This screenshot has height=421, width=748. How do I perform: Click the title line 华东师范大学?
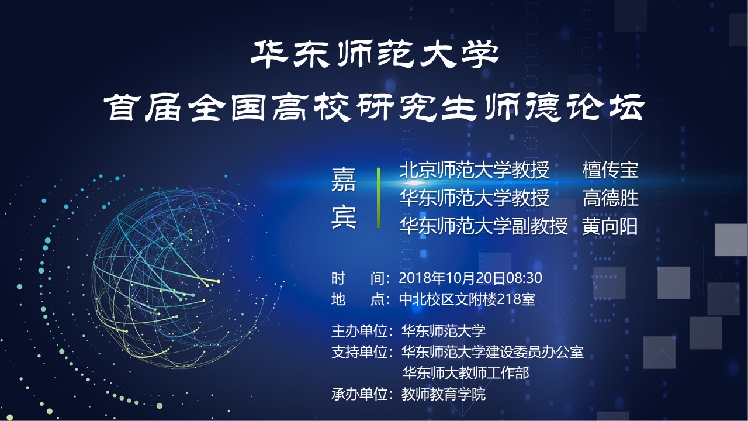coord(375,54)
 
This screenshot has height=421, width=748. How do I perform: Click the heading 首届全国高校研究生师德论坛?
coord(374,107)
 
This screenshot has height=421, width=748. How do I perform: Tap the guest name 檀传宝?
coord(611,170)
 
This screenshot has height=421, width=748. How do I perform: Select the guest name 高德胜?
coord(611,198)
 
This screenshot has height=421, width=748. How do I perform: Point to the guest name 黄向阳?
coord(610,226)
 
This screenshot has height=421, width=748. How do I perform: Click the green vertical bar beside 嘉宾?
coord(379,198)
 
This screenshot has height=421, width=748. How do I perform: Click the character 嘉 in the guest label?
coord(344,180)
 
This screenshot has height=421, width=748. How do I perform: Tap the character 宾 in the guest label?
coord(344,217)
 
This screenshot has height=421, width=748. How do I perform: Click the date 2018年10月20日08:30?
coord(470,278)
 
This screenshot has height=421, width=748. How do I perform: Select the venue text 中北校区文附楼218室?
coord(467,299)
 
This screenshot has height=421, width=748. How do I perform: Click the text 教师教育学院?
coord(444,394)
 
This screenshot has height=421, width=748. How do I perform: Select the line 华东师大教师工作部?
coord(466,373)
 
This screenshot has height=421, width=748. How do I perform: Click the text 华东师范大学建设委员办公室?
coord(493,352)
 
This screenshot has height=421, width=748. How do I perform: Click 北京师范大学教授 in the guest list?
coord(475,170)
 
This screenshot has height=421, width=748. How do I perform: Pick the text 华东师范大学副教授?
coord(484,226)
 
